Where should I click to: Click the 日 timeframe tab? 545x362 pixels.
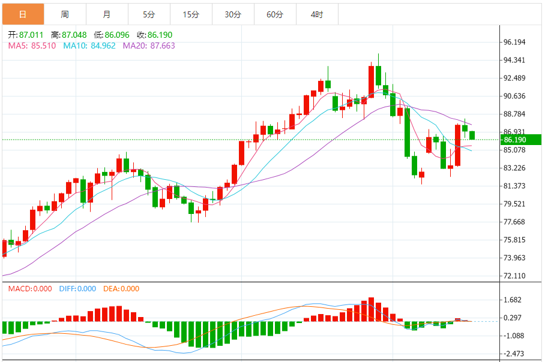(23, 14)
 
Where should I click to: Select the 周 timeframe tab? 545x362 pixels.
(65, 14)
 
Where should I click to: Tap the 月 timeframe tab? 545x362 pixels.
(107, 14)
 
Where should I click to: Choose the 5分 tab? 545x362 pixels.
(149, 14)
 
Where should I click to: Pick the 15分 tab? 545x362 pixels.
(191, 14)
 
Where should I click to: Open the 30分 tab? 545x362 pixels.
(233, 14)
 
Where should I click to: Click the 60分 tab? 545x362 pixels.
(275, 14)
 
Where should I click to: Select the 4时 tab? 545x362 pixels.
(317, 14)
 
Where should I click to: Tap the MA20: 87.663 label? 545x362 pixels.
(149, 46)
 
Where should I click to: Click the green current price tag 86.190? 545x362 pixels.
(520, 140)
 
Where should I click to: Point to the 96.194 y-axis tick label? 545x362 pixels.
(515, 42)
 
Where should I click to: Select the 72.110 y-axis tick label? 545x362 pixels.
(515, 276)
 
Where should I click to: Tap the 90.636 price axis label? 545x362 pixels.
(515, 96)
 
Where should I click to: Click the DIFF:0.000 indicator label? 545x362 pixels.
(77, 289)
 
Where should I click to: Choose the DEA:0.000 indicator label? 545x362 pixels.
(121, 289)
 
